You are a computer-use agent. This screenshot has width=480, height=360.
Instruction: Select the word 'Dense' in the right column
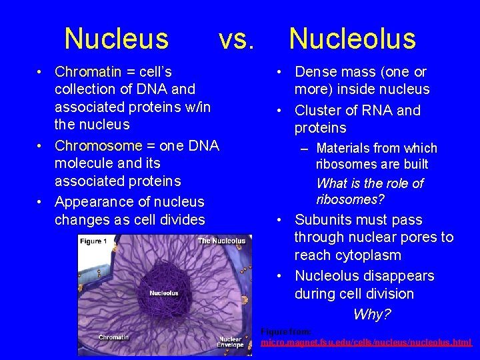pyautogui.click(x=315, y=71)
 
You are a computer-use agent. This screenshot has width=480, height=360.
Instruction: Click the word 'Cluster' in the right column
pyautogui.click(x=318, y=110)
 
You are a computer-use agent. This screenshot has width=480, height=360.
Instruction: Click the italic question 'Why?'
pyautogui.click(x=372, y=314)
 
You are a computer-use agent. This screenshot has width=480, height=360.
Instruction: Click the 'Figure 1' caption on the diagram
pyautogui.click(x=93, y=241)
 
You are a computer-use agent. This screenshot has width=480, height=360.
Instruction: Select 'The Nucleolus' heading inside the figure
pyautogui.click(x=221, y=241)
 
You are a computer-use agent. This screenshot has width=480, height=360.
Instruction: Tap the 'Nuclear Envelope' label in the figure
pyautogui.click(x=230, y=341)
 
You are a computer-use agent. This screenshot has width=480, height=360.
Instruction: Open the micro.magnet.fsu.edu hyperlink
pyautogui.click(x=366, y=342)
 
